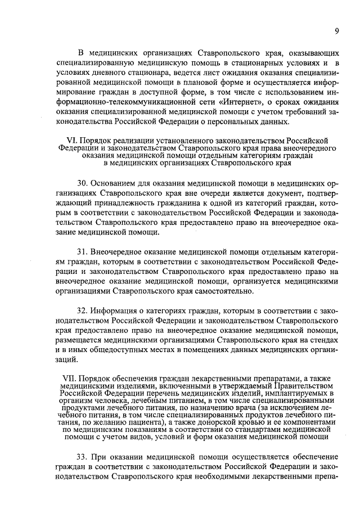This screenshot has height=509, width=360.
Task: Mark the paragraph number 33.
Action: (82, 454)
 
